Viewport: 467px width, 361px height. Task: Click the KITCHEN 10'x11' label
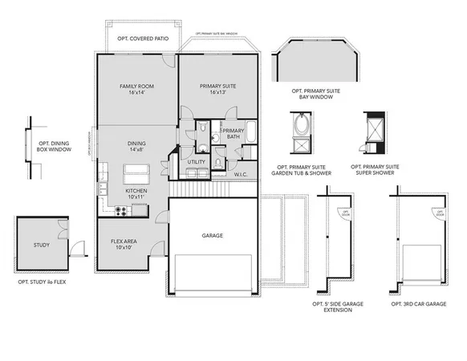tap(136, 193)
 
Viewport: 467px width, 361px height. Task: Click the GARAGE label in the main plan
tap(212, 236)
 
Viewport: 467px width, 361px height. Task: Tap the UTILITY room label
tap(197, 162)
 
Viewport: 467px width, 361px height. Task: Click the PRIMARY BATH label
tap(233, 134)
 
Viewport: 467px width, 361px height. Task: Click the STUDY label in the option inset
tap(42, 245)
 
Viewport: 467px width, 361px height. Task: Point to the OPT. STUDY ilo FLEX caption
tap(43, 282)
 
